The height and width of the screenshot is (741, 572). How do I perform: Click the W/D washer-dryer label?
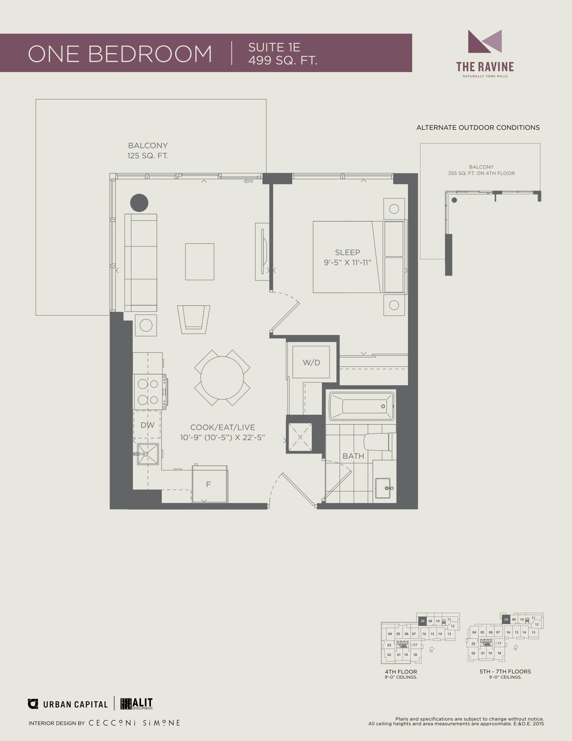point(311,362)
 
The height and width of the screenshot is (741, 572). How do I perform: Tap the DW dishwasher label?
point(147,425)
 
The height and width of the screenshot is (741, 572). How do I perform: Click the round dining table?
point(222,378)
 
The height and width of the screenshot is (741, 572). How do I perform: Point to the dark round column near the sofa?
point(139,203)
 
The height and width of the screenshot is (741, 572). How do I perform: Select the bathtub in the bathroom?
point(362,406)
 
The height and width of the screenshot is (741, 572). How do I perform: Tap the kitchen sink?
point(148,454)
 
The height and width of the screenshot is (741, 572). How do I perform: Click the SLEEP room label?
point(348,252)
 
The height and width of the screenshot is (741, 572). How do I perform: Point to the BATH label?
point(353,456)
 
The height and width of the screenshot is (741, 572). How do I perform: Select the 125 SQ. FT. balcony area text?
point(148,156)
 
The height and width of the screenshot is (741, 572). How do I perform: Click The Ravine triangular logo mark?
point(485,41)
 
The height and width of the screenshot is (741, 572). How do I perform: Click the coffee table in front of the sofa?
point(200,262)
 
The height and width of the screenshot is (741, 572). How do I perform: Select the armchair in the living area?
point(193,319)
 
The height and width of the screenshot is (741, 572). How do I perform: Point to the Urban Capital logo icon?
point(33,704)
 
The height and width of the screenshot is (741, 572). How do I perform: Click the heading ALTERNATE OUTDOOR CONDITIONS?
point(478,128)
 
